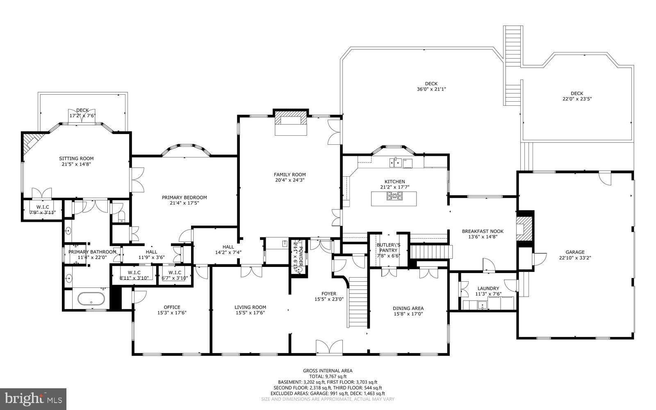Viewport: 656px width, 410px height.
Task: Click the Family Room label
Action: click(x=290, y=175)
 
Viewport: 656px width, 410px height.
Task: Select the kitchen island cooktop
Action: click(x=394, y=198)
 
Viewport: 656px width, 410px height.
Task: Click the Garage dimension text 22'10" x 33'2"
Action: click(x=575, y=258)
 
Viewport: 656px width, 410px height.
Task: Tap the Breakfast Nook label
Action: click(x=483, y=231)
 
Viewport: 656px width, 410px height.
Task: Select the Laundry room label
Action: click(x=488, y=288)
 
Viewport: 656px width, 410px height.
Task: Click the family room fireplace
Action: click(x=291, y=122)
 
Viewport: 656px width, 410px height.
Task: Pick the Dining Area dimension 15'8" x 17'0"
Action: click(x=408, y=314)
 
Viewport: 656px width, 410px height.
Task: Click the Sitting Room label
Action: click(x=76, y=158)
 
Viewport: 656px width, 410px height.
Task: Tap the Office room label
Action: click(x=172, y=307)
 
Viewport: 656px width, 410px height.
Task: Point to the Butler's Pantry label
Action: click(x=388, y=248)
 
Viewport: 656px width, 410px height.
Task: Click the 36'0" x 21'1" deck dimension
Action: click(x=431, y=89)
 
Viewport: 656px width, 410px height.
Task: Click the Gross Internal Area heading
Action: click(x=328, y=371)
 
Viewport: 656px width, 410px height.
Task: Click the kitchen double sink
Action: click(x=396, y=163)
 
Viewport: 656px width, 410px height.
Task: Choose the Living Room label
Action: click(x=250, y=307)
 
